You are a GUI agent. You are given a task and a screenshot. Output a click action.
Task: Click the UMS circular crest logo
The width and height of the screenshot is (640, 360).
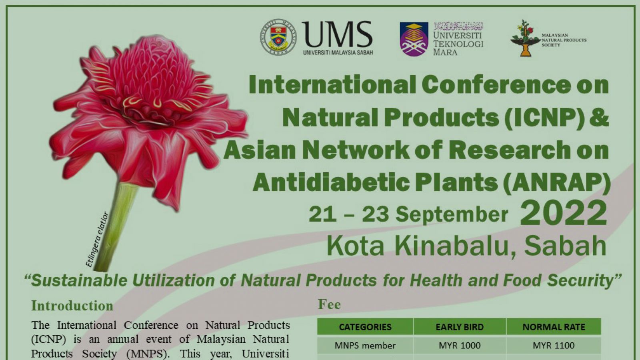(x=278, y=37)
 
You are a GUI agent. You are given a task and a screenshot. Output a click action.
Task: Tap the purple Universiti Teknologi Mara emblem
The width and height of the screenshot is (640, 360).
(x=414, y=39)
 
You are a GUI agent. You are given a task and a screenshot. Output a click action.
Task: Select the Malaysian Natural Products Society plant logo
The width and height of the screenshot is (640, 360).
(x=524, y=38)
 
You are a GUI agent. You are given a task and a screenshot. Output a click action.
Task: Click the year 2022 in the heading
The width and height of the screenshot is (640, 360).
(x=563, y=213)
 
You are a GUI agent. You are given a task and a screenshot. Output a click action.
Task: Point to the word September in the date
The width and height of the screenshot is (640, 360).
(x=452, y=214)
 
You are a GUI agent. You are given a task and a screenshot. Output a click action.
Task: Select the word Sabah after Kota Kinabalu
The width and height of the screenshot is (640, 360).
(x=565, y=246)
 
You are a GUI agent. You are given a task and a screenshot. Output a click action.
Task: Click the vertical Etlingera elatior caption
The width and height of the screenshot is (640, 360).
(x=97, y=239)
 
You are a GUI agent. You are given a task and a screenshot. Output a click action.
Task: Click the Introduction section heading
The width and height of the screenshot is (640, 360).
(x=72, y=306)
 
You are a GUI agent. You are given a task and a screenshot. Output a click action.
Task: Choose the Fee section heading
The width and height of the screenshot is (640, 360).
(x=329, y=304)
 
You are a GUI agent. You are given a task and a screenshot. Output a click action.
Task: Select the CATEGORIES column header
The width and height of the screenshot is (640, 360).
(x=365, y=327)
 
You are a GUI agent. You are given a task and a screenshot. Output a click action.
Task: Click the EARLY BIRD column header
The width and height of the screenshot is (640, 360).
(x=459, y=327)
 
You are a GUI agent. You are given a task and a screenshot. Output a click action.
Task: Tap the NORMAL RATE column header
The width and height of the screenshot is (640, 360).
(x=554, y=327)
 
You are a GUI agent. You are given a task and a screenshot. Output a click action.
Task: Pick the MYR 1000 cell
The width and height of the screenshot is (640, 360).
(x=460, y=345)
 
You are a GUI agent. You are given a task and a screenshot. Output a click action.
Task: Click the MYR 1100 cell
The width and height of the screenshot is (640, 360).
(x=554, y=345)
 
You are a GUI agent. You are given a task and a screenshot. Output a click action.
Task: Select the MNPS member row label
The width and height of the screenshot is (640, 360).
(x=365, y=345)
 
